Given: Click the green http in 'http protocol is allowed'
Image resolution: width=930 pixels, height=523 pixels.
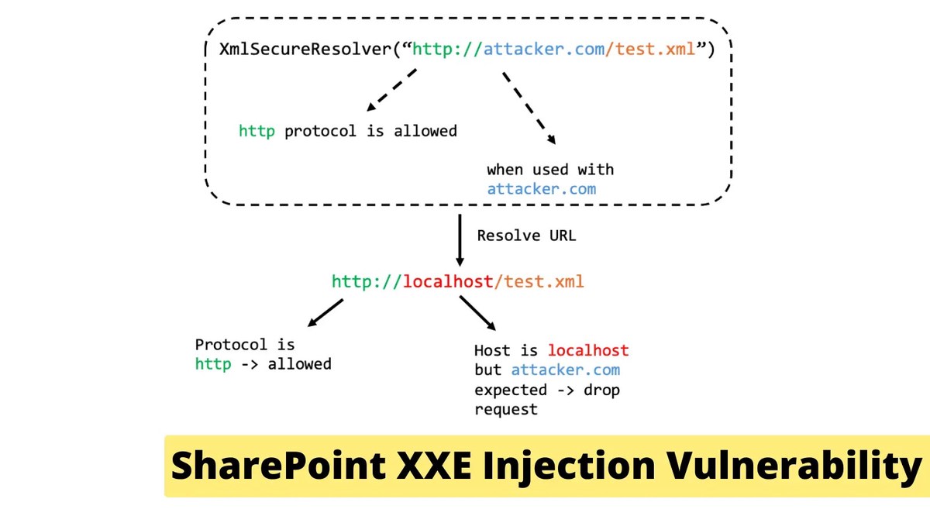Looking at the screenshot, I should [x=257, y=131].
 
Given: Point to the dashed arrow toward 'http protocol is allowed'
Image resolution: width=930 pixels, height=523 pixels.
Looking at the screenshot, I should [x=391, y=89].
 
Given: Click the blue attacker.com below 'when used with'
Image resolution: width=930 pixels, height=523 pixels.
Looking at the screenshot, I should [x=541, y=189].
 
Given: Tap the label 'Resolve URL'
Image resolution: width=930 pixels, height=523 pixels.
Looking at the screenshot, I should [x=526, y=236].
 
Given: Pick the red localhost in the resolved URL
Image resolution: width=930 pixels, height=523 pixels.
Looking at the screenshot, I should [x=448, y=282].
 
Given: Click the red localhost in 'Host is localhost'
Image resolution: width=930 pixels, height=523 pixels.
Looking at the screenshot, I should [x=588, y=350].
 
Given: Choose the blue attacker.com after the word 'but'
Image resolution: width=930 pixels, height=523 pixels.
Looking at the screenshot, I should [x=565, y=370].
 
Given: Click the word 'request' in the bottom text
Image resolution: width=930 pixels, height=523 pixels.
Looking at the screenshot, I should [x=506, y=409].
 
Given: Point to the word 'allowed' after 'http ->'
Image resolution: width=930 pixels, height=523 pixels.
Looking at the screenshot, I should [x=300, y=363].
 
